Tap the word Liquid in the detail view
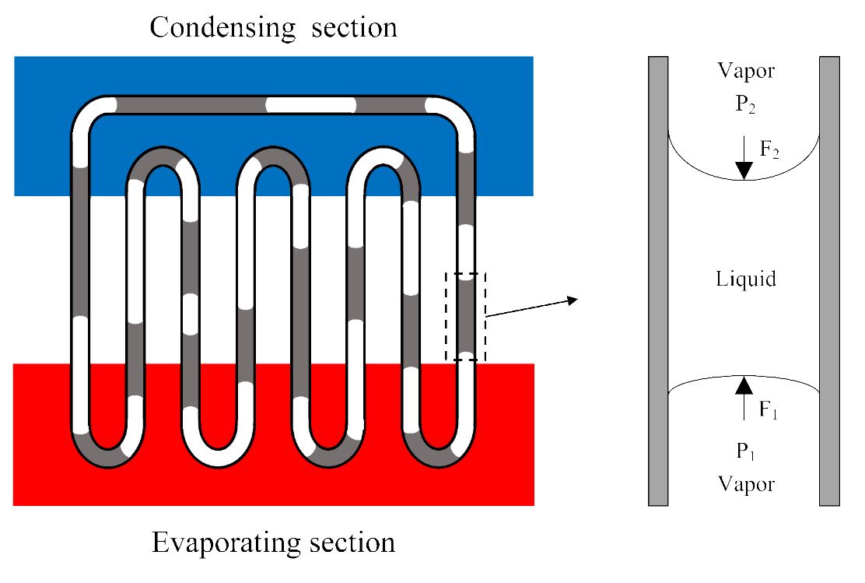pos(746,279)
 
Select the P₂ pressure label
pos(744,104)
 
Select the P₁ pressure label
pos(744,451)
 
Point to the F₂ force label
pos(769,149)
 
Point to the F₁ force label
pos(768,409)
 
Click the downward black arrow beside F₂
pos(744,157)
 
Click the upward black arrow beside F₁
pos(744,398)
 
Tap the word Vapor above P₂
pos(746,71)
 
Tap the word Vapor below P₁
pos(747,484)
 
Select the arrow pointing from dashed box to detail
pos(531,308)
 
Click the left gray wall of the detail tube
pos(658,281)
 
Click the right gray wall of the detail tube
pos(829,281)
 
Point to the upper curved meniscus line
pos(744,179)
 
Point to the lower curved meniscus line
pos(744,377)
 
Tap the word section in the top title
pos(354,27)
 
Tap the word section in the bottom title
pos(352,543)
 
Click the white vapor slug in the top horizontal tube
pos(311,105)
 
